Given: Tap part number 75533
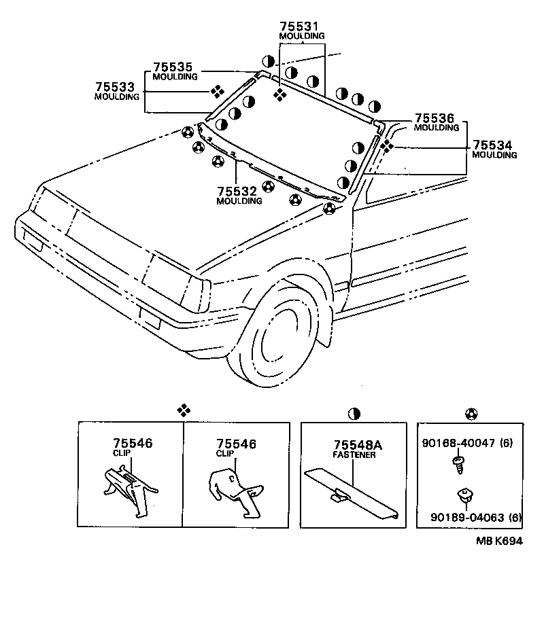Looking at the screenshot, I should pyautogui.click(x=116, y=87).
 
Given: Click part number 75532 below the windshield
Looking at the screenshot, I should pyautogui.click(x=239, y=192).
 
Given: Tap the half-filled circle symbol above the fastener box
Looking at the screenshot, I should pyautogui.click(x=354, y=412).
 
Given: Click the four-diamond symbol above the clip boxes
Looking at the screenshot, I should pyautogui.click(x=182, y=410).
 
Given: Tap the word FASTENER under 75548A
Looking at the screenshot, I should pyautogui.click(x=354, y=455).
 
